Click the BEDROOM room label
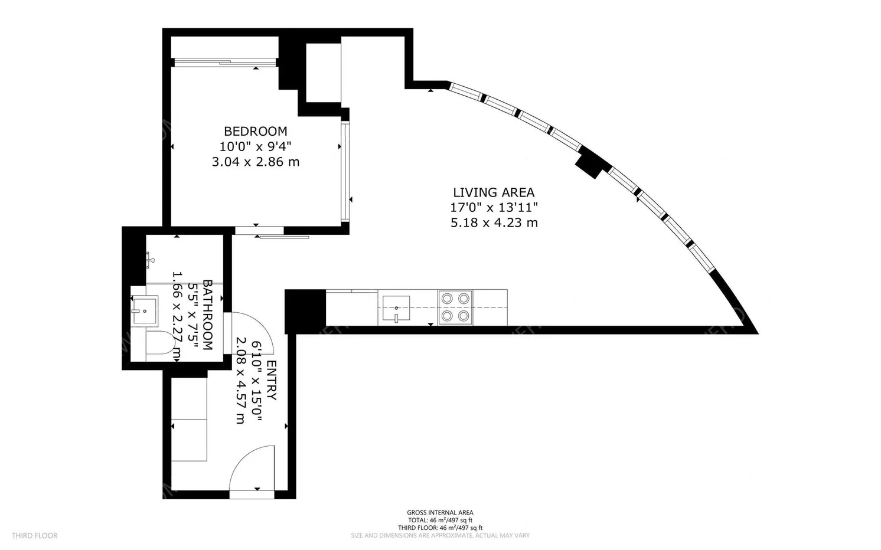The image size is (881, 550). coord(255,131)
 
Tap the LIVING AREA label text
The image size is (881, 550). coord(494,192)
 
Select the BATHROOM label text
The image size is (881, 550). coord(207,315)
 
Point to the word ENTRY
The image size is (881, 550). coord(271,381)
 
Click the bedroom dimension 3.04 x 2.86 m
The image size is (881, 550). coord(255,162)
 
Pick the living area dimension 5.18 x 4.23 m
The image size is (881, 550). coord(494,223)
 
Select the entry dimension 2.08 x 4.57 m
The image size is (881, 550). coord(240,381)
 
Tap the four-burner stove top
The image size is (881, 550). coord(455,307)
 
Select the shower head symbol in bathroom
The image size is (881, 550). coord(150,258)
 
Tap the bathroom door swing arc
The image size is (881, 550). coord(251,333)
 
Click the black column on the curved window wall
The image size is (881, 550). coord(590,163)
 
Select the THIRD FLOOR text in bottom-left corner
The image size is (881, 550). coord(34,536)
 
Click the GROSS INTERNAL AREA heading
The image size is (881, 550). coord(440,513)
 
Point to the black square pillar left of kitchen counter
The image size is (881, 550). coord(305,311)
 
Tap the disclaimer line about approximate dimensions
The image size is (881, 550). coord(440,536)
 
